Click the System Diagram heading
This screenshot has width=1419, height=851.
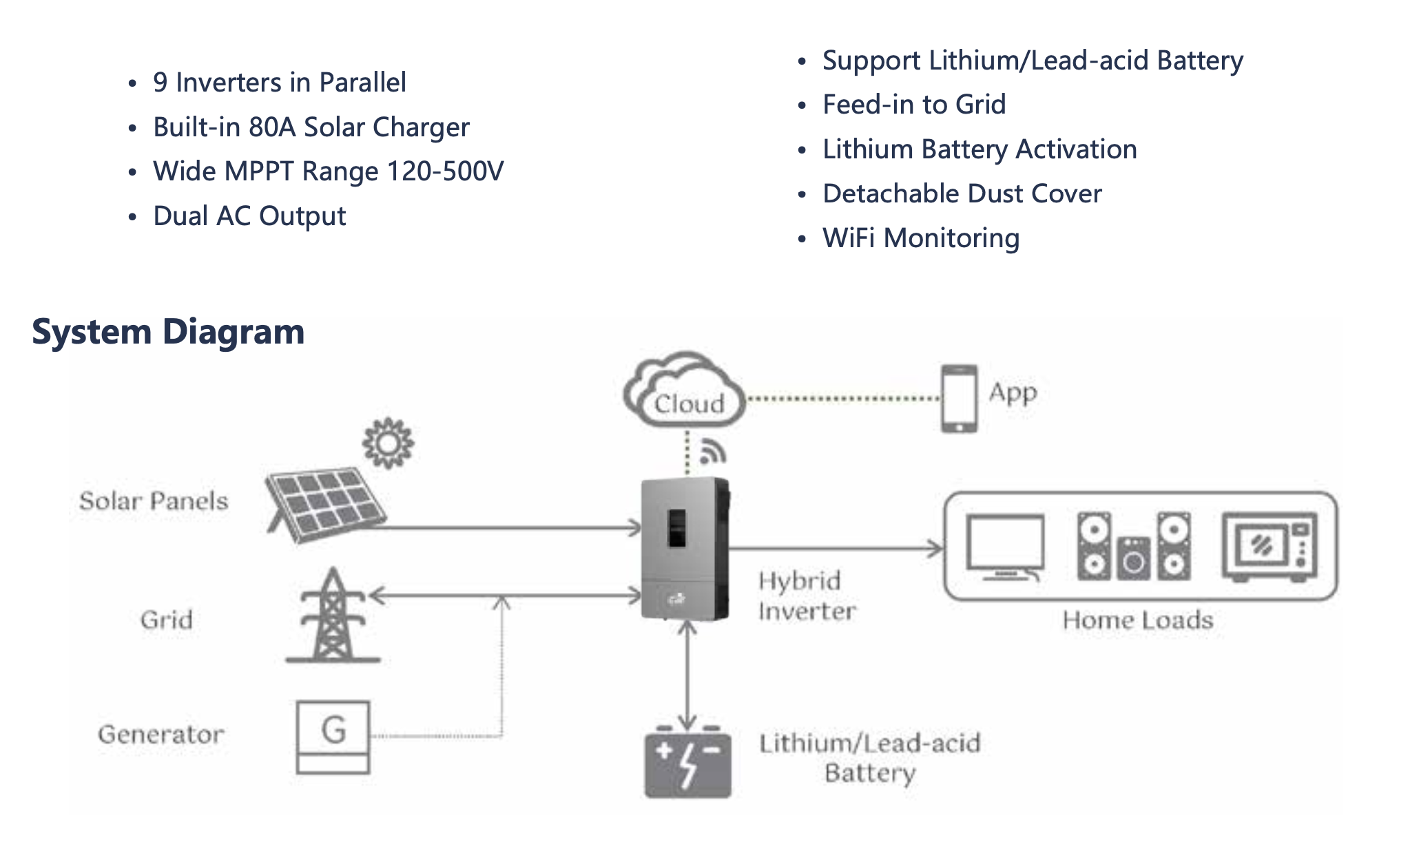click(x=168, y=332)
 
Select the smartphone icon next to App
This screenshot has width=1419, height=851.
click(x=959, y=399)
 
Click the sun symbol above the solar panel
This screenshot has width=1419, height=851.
click(x=388, y=443)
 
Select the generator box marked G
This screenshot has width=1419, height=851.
click(x=333, y=737)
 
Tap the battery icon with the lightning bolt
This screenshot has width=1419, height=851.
click(x=687, y=763)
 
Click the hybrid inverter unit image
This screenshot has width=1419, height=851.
click(x=685, y=549)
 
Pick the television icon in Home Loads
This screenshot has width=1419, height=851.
click(x=1005, y=548)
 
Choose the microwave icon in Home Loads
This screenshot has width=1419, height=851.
click(x=1269, y=547)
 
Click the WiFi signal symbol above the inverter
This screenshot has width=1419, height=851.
click(x=712, y=452)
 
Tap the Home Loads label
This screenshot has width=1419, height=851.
click(x=1137, y=620)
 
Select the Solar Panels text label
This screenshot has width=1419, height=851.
click(x=154, y=501)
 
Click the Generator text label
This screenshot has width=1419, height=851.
click(x=161, y=735)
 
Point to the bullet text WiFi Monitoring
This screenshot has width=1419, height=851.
click(x=920, y=238)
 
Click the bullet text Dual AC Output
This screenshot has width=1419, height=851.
click(x=249, y=216)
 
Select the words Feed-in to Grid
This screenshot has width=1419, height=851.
click(x=914, y=105)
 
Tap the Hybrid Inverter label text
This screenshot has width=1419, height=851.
click(x=806, y=596)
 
